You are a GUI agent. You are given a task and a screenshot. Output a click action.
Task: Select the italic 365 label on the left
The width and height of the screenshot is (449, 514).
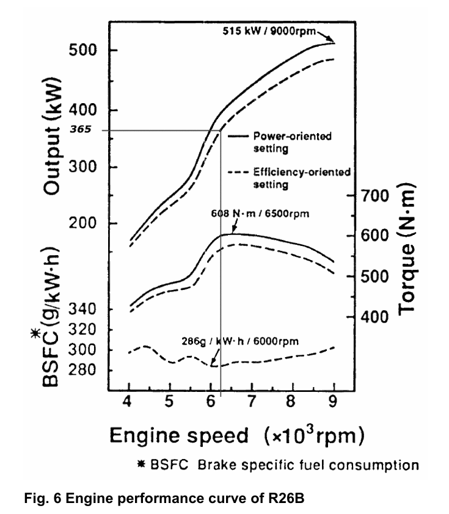tap(82, 129)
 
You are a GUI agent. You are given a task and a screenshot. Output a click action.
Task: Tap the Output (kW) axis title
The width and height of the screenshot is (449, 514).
tap(59, 137)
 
